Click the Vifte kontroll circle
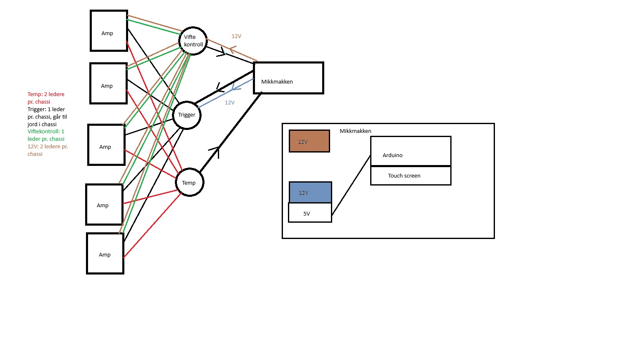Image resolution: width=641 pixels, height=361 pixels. [x=193, y=41]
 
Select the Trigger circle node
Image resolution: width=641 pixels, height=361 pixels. [x=187, y=115]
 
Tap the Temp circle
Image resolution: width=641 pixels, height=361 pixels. [x=189, y=183]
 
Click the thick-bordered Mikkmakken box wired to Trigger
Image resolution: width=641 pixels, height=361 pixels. [x=288, y=78]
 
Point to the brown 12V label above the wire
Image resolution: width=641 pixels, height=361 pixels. [x=236, y=36]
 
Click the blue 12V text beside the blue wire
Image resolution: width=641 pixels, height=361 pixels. [x=230, y=103]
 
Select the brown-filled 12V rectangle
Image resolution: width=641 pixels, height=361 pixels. [x=309, y=141]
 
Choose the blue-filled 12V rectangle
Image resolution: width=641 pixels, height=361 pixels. [x=310, y=193]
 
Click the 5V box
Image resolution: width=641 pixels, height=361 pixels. [x=310, y=213]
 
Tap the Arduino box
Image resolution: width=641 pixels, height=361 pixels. [x=410, y=151]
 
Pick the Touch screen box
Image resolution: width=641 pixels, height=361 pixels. [x=410, y=176]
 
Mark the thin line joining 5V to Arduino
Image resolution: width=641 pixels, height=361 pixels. [x=351, y=186]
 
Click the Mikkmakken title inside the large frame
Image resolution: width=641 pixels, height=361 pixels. [x=355, y=131]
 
